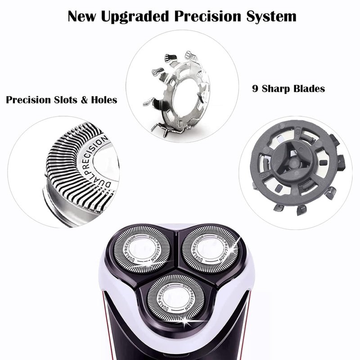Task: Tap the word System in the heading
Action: point(271,17)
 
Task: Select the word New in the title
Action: point(81,17)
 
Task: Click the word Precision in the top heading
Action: point(208,17)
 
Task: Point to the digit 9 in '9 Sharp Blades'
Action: point(255,88)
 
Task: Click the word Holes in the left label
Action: point(104,100)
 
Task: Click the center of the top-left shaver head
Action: point(142,249)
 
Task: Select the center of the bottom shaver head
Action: point(175,297)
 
